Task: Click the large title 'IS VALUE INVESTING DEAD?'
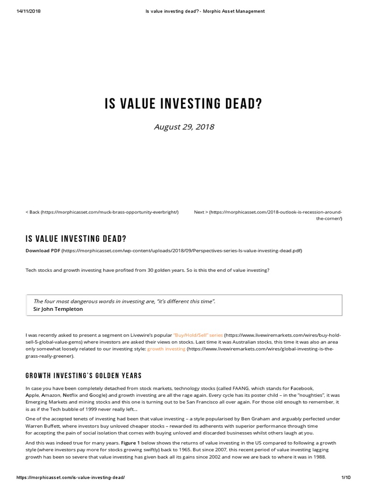tap(183, 104)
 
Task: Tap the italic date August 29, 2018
tap(183, 127)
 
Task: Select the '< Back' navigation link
tap(32, 212)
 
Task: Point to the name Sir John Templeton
tap(58, 309)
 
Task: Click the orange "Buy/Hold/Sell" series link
tap(198, 335)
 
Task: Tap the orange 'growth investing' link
tap(166, 349)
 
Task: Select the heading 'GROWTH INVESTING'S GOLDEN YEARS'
tap(83, 375)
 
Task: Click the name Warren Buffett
tap(42, 426)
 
